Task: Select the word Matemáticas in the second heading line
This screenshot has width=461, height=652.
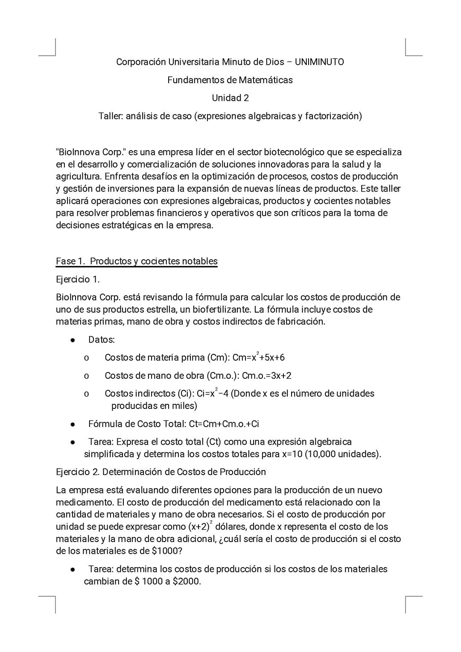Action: click(266, 80)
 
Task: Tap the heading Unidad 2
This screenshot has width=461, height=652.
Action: click(230, 98)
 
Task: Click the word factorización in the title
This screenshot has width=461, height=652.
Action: click(333, 116)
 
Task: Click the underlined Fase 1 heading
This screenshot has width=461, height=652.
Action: click(137, 261)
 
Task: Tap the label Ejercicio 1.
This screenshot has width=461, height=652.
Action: click(78, 279)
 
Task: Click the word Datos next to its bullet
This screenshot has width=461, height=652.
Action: click(101, 340)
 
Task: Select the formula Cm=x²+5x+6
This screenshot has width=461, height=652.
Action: click(258, 357)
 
